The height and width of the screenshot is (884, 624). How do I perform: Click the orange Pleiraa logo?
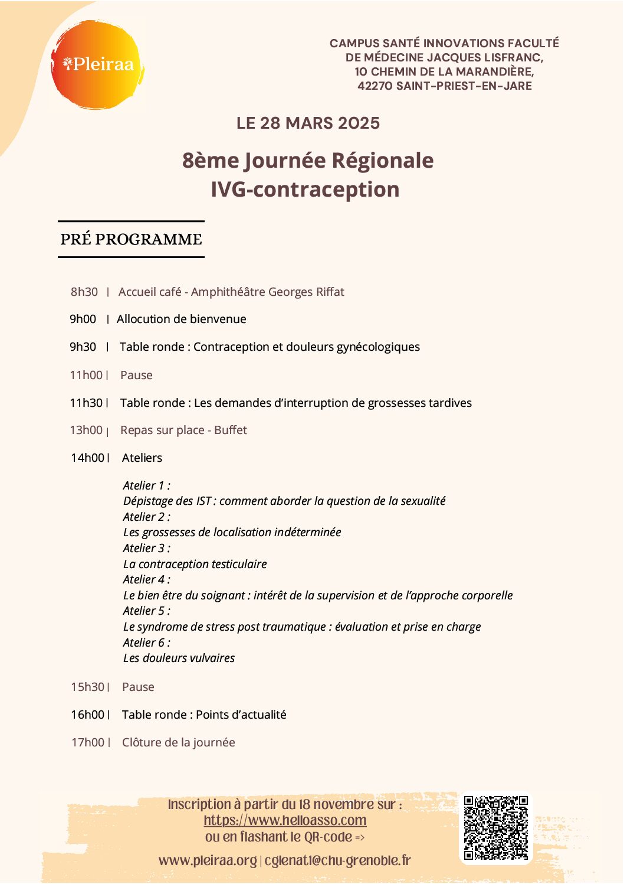coord(97,64)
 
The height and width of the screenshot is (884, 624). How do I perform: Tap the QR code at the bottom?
coord(495,827)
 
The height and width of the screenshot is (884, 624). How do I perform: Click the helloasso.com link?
coord(285,820)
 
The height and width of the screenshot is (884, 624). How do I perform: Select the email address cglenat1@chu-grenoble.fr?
coord(337,860)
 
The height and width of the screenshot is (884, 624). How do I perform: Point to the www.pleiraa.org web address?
coord(208,860)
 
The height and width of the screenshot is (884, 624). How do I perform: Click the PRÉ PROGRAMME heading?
coord(131,239)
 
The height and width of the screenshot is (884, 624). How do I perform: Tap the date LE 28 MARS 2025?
coord(308,123)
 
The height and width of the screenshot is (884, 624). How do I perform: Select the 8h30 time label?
coord(84,292)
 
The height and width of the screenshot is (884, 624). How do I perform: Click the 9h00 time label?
coord(83,319)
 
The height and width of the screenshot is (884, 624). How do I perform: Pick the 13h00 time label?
coord(86,430)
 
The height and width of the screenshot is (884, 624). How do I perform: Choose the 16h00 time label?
coord(87,715)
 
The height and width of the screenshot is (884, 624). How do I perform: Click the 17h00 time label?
coord(88,742)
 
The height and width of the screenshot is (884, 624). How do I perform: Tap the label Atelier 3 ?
coord(146,548)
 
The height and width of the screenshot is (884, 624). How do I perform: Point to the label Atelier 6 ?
coord(146,642)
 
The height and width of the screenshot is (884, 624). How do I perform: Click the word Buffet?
coord(231,430)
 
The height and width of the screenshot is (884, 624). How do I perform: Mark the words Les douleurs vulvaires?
coord(179,658)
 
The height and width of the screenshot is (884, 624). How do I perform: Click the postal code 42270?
coord(375,86)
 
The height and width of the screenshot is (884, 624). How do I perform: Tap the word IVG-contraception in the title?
coord(305,190)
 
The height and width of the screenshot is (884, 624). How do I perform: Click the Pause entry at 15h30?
coord(138,687)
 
